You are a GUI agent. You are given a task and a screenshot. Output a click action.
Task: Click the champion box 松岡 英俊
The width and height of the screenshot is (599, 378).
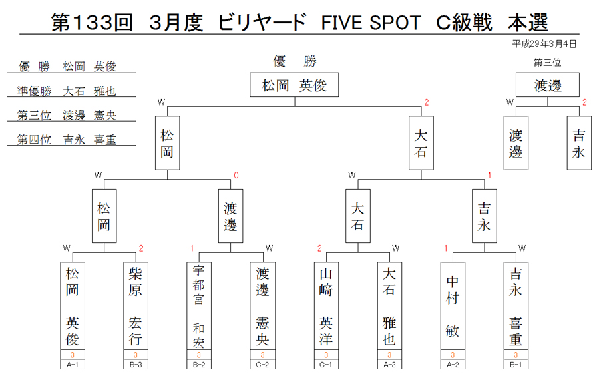[x=294, y=85]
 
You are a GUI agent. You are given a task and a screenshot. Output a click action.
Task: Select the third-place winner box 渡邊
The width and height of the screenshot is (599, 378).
[x=548, y=85]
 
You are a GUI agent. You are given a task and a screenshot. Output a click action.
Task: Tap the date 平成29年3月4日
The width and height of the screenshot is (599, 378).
[x=544, y=44]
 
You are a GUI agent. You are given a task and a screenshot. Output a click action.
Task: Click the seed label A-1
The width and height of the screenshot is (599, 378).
[x=72, y=365]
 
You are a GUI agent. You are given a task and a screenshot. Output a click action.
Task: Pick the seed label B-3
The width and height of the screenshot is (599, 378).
[x=136, y=365]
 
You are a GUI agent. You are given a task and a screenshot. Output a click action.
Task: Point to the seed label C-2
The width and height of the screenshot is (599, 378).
[x=262, y=365]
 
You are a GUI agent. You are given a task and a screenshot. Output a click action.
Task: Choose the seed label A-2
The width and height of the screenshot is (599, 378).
[x=453, y=365]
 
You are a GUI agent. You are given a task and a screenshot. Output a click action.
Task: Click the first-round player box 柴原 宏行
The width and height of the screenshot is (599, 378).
[x=136, y=305]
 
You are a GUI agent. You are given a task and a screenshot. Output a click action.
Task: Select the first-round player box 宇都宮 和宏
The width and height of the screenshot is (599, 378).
[x=198, y=305]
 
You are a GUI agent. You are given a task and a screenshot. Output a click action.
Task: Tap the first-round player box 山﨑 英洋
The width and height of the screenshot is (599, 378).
[x=326, y=305]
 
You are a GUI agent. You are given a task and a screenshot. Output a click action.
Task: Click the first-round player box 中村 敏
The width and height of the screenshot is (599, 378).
[x=453, y=305]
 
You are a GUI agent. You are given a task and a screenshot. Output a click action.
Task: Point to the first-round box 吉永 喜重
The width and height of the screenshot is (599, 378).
[x=516, y=305]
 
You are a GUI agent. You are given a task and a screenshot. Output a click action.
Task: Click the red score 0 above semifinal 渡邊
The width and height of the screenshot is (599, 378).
[x=236, y=175]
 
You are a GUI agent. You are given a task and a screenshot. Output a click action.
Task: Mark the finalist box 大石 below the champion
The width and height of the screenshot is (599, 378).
[x=421, y=143]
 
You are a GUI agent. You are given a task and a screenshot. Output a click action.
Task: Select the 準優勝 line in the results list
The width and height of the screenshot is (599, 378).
[x=67, y=91]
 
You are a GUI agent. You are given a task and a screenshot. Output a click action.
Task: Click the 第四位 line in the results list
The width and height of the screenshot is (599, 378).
[x=67, y=140]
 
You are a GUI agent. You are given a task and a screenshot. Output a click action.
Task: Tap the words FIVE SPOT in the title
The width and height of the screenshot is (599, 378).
[x=371, y=23]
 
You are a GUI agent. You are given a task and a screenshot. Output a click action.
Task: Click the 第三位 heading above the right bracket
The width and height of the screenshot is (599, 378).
[x=548, y=63]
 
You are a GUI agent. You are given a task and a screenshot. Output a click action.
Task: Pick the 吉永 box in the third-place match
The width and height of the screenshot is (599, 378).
[x=579, y=143]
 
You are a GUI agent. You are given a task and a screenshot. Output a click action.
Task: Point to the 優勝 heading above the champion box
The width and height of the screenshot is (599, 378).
[x=295, y=61]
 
